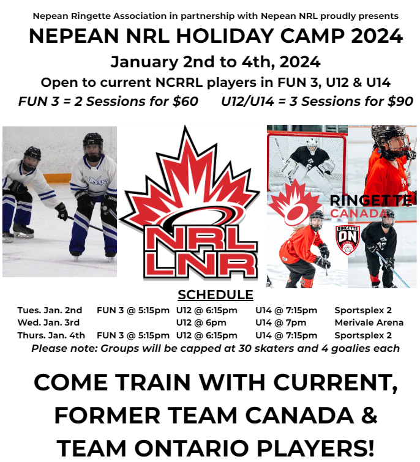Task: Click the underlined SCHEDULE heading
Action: coord(215,295)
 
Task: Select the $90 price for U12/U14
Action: coord(400,102)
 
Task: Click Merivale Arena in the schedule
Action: coord(369,322)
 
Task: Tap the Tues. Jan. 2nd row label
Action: coord(50,310)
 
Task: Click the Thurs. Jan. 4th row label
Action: coord(51,335)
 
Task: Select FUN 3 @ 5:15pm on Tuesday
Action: coord(133,310)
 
